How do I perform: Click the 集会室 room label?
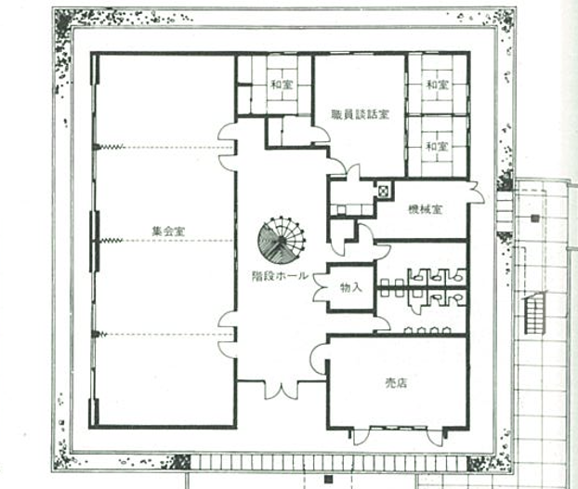click(168, 231)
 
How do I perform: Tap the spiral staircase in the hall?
click(282, 240)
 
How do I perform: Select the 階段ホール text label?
click(280, 276)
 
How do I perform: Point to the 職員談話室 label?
click(360, 114)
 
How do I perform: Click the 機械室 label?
click(425, 209)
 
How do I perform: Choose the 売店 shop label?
click(396, 384)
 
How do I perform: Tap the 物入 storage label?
click(351, 287)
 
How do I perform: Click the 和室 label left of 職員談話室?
click(282, 85)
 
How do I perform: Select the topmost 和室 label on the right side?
click(437, 85)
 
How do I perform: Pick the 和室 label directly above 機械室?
click(437, 146)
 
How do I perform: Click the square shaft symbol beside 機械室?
click(384, 191)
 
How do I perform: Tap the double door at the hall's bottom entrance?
click(281, 390)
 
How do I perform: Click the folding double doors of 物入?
click(320, 287)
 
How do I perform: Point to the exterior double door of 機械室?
click(477, 192)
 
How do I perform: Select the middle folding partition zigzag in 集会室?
click(112, 241)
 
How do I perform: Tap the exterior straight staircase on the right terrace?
click(534, 312)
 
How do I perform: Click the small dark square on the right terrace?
click(535, 218)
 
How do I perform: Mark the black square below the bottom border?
click(328, 480)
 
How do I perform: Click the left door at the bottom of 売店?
click(361, 436)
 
